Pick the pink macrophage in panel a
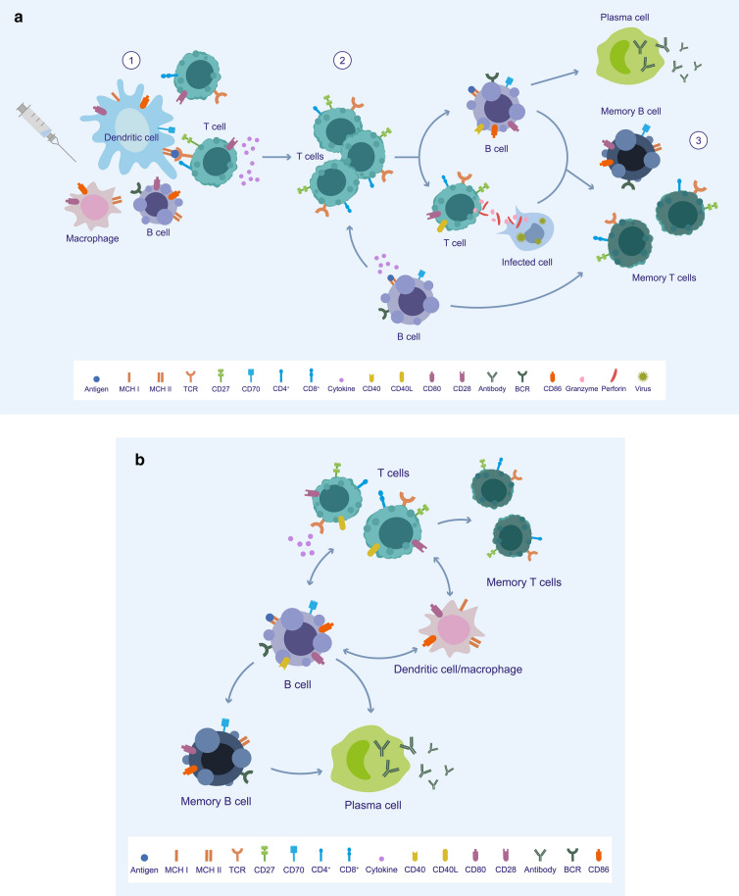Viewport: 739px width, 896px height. click(x=95, y=208)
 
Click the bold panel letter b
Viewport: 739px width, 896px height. click(x=140, y=458)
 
